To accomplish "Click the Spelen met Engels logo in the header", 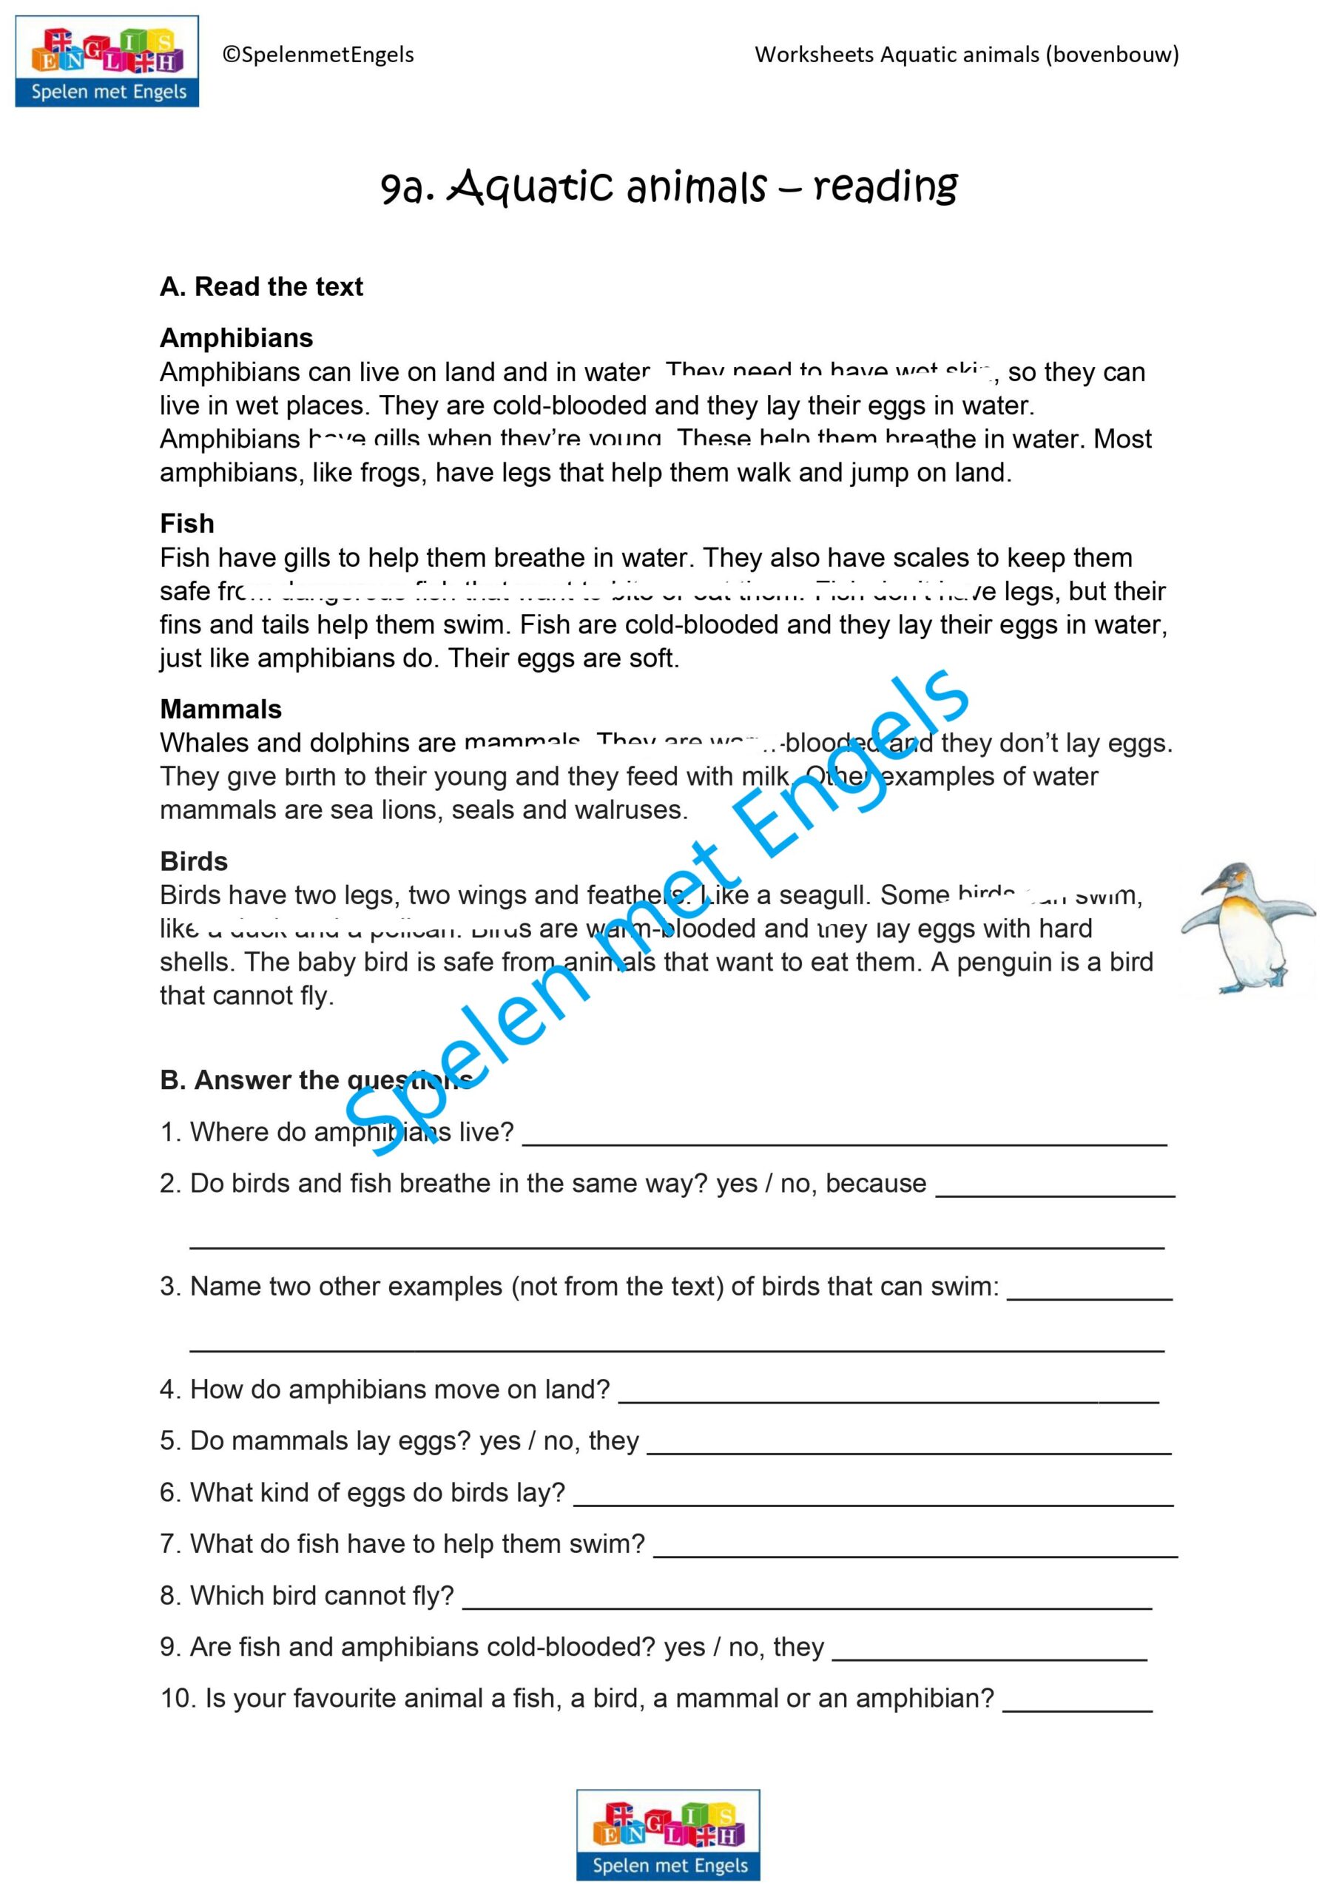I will point(107,61).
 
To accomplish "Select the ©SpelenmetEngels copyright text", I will point(318,55).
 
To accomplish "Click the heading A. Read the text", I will point(262,287).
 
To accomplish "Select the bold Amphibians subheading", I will point(237,338).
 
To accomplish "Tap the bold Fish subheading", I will point(187,524).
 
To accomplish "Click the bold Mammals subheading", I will point(221,710).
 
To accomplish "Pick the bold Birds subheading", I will point(194,861).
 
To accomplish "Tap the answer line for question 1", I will point(845,1142).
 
